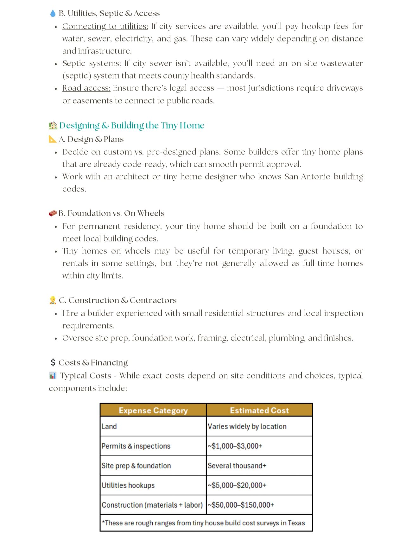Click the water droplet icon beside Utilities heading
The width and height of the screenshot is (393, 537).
click(x=53, y=13)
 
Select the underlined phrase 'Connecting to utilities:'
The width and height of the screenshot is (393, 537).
click(x=105, y=26)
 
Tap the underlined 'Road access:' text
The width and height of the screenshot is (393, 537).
click(x=86, y=88)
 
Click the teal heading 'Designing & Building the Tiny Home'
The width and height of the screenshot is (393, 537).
click(x=131, y=125)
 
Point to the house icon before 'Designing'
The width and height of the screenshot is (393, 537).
click(x=53, y=125)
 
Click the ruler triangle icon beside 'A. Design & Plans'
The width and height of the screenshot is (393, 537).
click(x=53, y=139)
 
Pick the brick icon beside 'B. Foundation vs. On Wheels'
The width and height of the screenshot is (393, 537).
click(x=53, y=213)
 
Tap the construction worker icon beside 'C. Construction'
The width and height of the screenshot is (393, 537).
click(x=53, y=300)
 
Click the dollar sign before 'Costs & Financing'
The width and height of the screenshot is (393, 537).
click(x=53, y=362)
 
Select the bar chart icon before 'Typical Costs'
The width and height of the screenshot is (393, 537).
click(x=53, y=376)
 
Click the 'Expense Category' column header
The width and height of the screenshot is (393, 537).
click(x=153, y=410)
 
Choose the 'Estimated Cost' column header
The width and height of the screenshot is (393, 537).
click(x=259, y=410)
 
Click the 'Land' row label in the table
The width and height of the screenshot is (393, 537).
click(x=109, y=427)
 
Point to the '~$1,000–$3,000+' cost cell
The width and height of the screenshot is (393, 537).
click(x=235, y=446)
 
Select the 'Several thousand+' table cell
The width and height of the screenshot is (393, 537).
click(x=237, y=466)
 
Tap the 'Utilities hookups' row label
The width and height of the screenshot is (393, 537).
click(x=128, y=485)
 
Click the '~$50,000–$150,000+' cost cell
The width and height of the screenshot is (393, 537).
click(x=241, y=505)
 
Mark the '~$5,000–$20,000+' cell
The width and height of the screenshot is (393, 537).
click(x=237, y=485)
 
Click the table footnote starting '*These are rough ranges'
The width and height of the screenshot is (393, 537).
click(x=203, y=523)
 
